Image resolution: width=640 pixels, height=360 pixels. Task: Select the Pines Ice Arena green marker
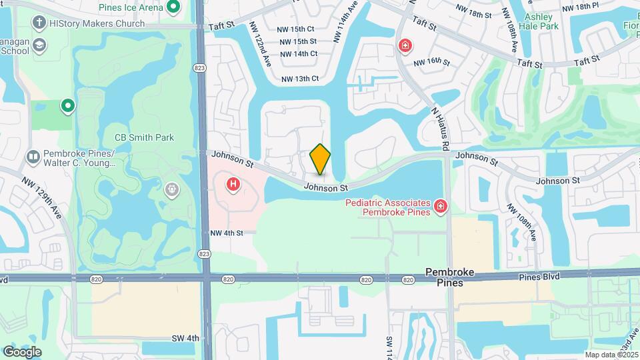pos(174,8)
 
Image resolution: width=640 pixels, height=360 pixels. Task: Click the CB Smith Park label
pos(145,137)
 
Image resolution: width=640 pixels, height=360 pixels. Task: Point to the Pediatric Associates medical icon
pos(439,207)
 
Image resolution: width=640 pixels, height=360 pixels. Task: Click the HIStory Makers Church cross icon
pos(39,23)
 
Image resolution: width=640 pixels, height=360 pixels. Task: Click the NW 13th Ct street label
pos(300,79)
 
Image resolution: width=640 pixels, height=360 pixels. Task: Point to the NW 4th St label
pos(223,233)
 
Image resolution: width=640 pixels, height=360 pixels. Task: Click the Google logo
pos(22,351)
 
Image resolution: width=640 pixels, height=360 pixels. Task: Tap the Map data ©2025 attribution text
pos(610,355)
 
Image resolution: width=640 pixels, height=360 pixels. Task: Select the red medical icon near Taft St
pos(405,45)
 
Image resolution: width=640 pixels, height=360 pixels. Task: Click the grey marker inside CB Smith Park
pos(172,190)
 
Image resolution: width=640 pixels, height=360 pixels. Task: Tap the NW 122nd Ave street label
pos(259,47)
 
